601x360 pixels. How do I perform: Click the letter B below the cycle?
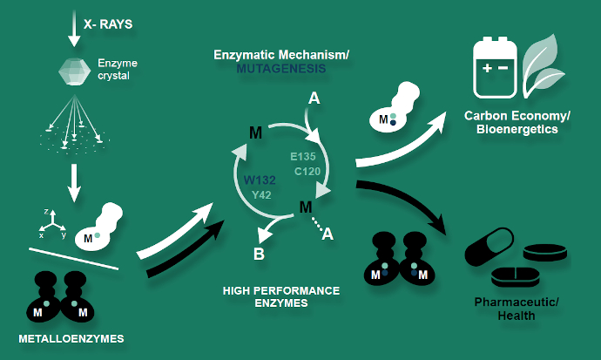259,255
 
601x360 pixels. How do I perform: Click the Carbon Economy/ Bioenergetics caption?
511,122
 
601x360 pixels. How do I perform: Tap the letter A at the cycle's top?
314,100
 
